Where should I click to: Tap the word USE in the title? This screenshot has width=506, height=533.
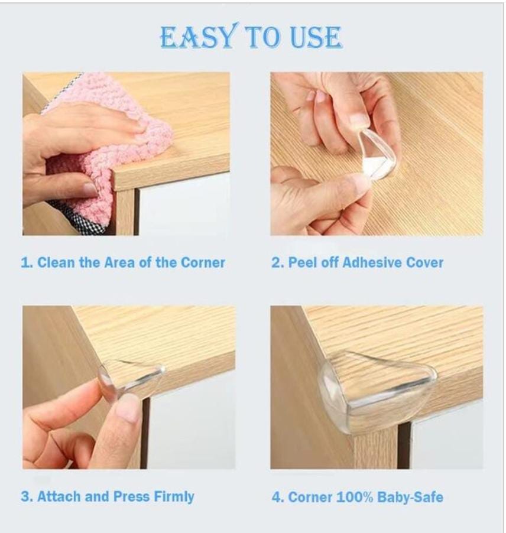point(316,37)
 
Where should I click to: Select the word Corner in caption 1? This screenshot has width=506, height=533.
point(203,263)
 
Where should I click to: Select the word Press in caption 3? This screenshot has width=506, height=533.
point(131,496)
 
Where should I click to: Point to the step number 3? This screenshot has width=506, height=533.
point(27,496)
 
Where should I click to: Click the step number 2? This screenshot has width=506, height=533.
point(277,263)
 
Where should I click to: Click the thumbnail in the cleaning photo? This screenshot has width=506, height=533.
point(89,189)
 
